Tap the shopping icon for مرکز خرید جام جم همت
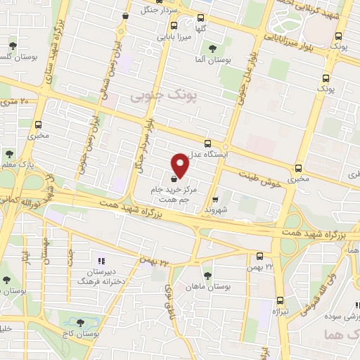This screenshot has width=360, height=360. [174, 179]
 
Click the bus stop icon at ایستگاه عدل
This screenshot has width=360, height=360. [207, 143]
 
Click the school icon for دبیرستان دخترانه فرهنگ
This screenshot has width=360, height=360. [100, 262]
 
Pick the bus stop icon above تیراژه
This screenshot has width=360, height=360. [280, 300]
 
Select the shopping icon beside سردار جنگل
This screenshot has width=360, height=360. [125, 16]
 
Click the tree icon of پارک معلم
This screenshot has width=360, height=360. [9, 154]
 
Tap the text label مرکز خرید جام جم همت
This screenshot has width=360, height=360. [172, 195]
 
